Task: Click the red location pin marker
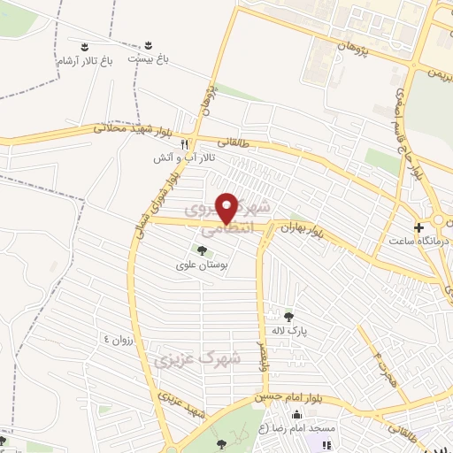click(x=227, y=207)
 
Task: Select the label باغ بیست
click(x=147, y=58)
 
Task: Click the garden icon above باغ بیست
click(x=148, y=44)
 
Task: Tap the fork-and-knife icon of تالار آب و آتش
click(x=185, y=142)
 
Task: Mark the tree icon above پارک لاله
click(x=288, y=315)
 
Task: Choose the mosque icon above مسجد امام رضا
click(x=296, y=416)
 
